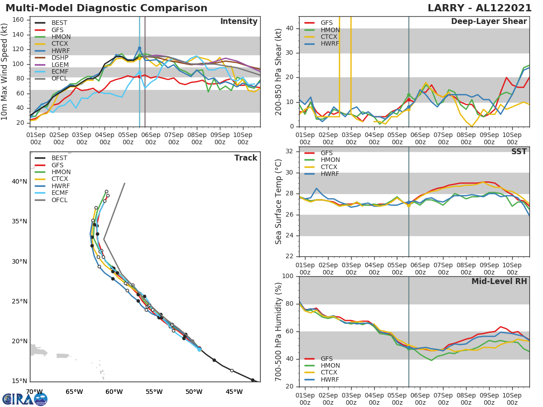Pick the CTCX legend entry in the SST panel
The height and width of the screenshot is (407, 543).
(x=329, y=167)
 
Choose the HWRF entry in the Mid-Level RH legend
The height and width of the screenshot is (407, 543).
(x=329, y=379)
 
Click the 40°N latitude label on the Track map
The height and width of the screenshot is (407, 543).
(x=19, y=182)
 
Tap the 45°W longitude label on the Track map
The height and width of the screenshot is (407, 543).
(x=234, y=392)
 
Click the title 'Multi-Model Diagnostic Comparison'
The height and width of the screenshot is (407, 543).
(x=106, y=8)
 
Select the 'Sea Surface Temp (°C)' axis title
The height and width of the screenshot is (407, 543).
(x=279, y=202)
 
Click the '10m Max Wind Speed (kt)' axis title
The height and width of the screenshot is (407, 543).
(x=5, y=72)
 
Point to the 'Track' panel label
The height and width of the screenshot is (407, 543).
(x=246, y=158)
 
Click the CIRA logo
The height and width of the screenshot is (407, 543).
(x=25, y=399)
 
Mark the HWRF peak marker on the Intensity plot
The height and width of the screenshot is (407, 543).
(x=139, y=48)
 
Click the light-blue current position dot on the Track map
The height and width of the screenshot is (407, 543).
(x=199, y=349)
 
